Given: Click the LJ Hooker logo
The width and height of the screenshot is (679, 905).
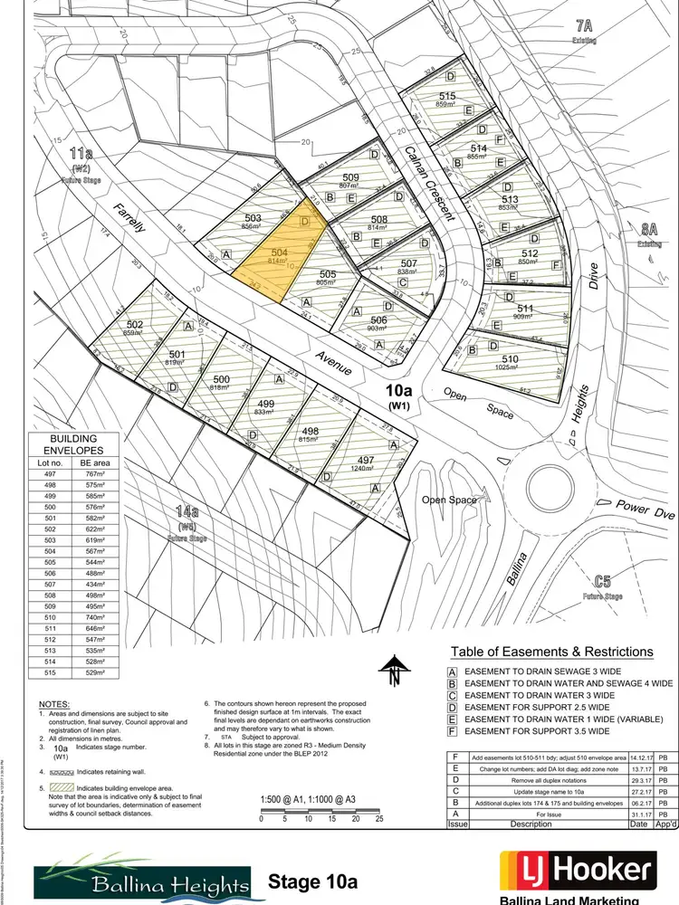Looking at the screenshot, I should (577, 872).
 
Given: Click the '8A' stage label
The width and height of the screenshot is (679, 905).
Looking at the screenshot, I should (648, 231).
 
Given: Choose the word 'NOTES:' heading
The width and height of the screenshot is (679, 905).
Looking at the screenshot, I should (57, 704).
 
